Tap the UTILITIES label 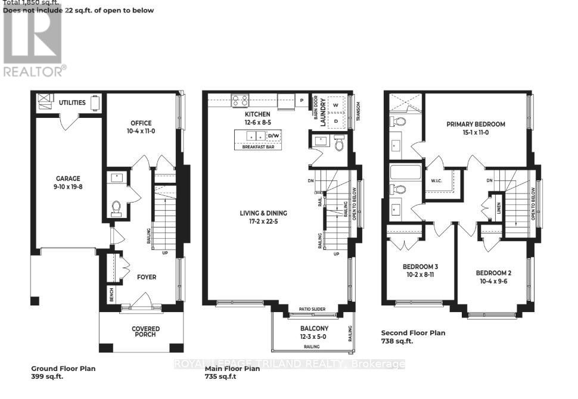click(72, 102)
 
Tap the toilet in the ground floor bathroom click(117, 207)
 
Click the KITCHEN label click(257, 114)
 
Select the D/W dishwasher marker click(274, 136)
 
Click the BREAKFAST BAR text click(257, 147)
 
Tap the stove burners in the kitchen click(240, 100)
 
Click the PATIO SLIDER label click(310, 310)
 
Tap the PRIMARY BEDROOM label click(476, 124)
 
